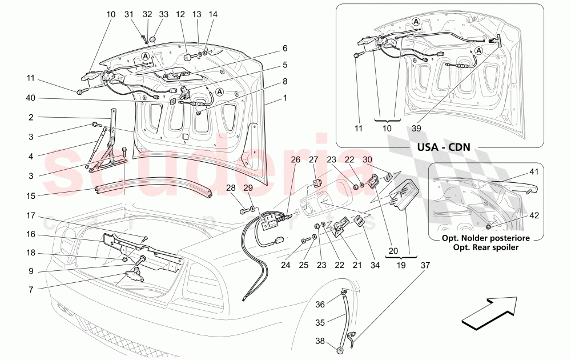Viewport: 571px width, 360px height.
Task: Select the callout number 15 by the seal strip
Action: [30, 195]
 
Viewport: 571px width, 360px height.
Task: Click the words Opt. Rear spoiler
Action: [485, 247]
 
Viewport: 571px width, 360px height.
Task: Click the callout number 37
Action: [424, 265]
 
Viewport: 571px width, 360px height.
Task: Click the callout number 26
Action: [295, 160]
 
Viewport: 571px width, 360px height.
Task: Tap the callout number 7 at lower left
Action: [30, 290]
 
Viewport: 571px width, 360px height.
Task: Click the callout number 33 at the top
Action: [164, 14]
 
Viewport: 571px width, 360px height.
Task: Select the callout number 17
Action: [30, 217]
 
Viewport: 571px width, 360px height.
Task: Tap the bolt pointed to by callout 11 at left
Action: [79, 91]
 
